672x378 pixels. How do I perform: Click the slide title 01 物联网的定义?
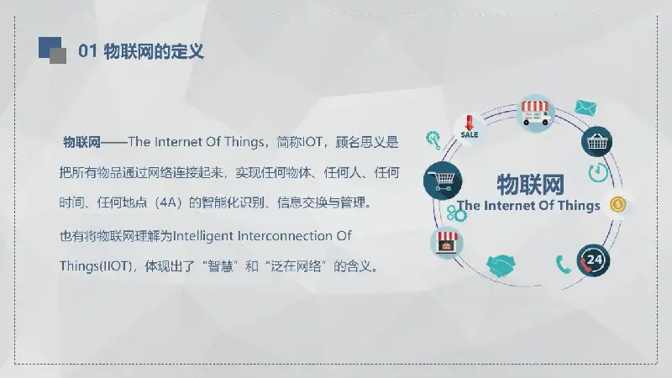(141, 51)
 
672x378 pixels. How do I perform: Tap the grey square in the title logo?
(58, 56)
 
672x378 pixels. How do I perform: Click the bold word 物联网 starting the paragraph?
(81, 142)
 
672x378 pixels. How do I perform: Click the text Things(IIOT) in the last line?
(96, 266)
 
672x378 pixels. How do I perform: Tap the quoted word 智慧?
(220, 266)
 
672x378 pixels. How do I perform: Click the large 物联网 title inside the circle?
(531, 185)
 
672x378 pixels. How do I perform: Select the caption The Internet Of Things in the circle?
(528, 206)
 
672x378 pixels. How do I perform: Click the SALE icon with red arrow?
(470, 127)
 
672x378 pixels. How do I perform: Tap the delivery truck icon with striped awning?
(535, 113)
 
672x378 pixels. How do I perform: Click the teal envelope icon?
(585, 108)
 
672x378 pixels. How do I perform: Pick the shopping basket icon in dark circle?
(596, 141)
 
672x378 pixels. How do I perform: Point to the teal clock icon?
(598, 172)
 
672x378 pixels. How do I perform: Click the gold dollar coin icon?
(617, 204)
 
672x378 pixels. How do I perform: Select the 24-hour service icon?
(593, 260)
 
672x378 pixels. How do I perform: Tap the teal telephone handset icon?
(563, 265)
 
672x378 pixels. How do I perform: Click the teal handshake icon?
(501, 265)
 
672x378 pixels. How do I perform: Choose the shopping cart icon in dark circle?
(443, 181)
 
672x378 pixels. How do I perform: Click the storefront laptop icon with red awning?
(447, 243)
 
